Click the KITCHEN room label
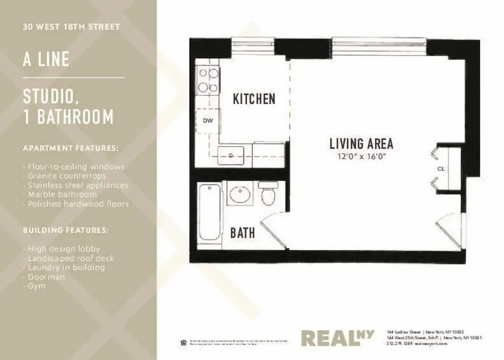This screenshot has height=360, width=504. click(x=254, y=99)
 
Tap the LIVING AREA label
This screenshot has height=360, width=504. click(x=361, y=144)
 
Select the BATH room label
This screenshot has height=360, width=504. click(x=243, y=233)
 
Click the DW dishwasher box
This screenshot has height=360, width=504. click(x=207, y=121)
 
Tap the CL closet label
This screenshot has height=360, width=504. click(x=441, y=169)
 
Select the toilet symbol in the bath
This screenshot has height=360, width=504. click(x=269, y=193)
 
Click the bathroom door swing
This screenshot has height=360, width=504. click(x=274, y=230)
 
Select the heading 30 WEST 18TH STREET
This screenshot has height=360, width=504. click(x=72, y=27)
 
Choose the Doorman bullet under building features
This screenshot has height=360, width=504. click(x=44, y=277)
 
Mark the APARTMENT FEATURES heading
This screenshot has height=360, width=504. click(x=71, y=148)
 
